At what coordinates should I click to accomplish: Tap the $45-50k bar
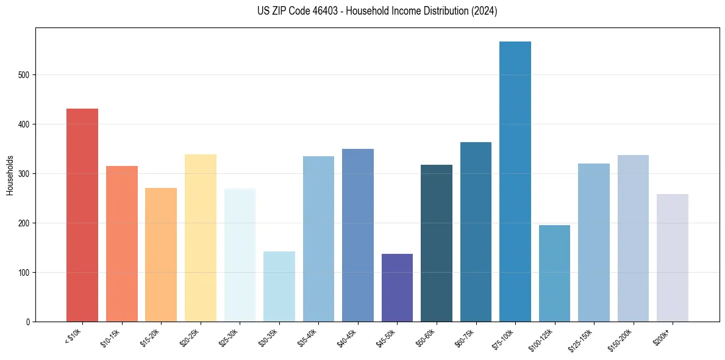pyautogui.click(x=397, y=287)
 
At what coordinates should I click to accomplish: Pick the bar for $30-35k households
pyautogui.click(x=279, y=286)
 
